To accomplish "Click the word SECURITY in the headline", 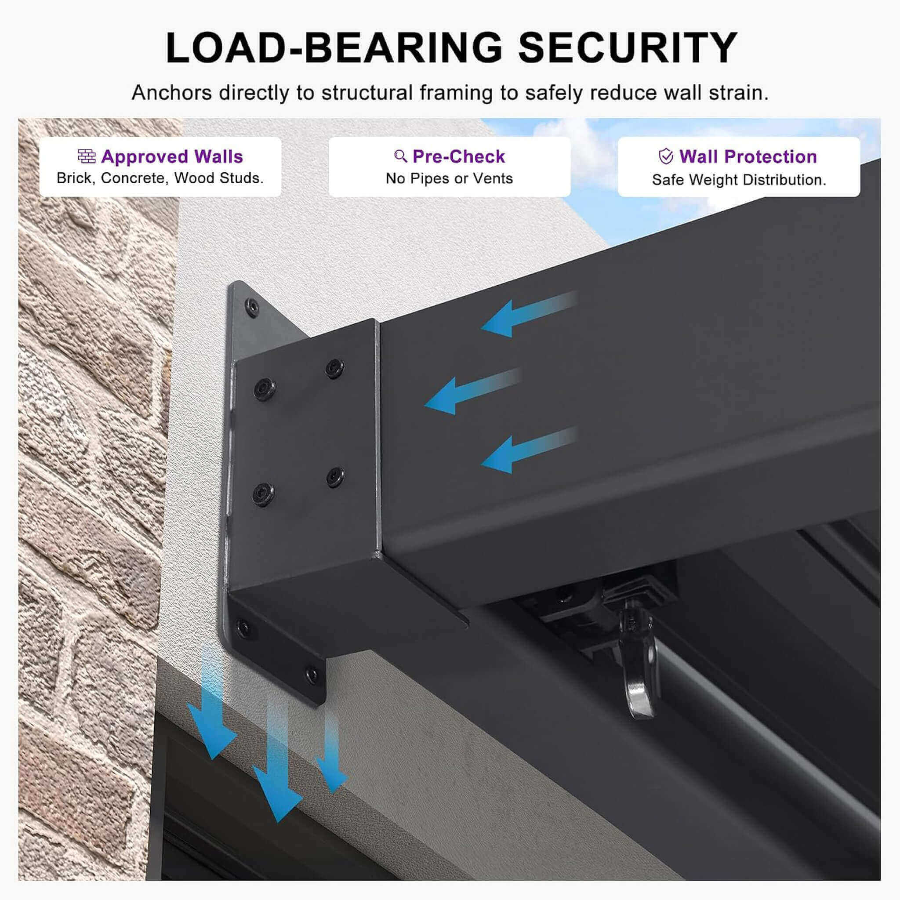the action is [x=628, y=48].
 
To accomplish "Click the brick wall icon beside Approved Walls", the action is [x=87, y=156].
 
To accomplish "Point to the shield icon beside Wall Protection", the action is [x=666, y=156].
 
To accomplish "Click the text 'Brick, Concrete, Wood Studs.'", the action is [x=160, y=178].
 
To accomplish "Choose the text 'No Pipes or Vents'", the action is [x=449, y=178].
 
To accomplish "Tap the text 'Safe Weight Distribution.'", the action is [x=739, y=180].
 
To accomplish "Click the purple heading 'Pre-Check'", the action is [x=459, y=156].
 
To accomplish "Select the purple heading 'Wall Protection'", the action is [x=748, y=156].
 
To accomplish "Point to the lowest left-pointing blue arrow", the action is [x=529, y=450].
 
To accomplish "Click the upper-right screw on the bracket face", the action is [x=334, y=368].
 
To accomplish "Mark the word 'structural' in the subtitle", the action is [x=367, y=93].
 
